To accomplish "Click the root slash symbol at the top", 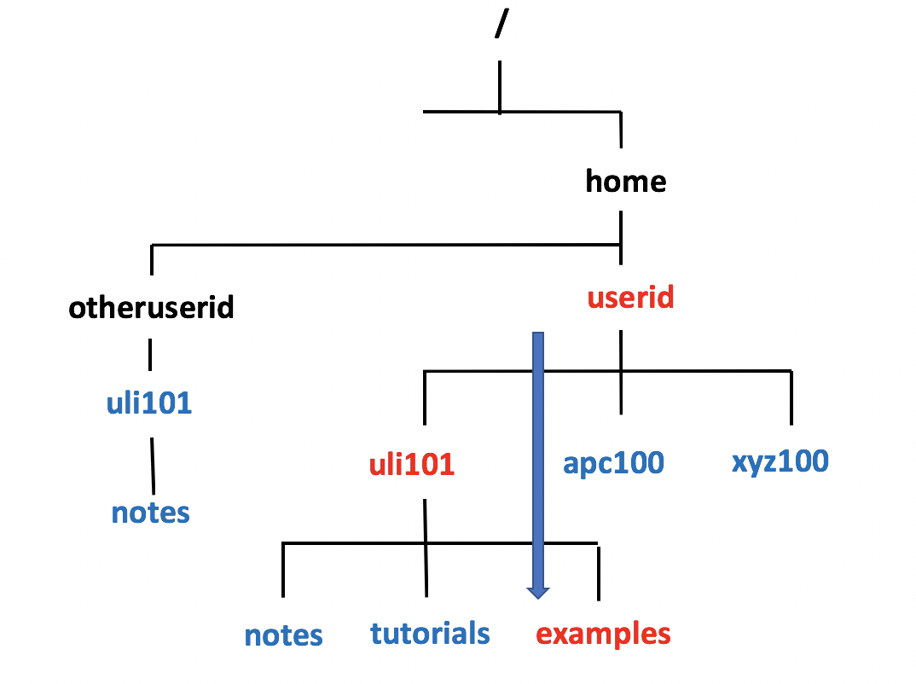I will click(500, 26).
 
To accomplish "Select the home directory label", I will click(625, 181).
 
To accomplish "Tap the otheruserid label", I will click(151, 307).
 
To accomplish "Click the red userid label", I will click(630, 297).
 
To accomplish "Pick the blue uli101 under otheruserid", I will click(149, 403).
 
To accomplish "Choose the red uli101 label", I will click(411, 465).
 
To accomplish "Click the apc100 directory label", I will click(613, 462).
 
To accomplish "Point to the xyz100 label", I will click(780, 461).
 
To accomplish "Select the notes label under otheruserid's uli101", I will click(150, 513).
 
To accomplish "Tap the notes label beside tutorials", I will click(283, 635).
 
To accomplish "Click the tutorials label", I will click(430, 633).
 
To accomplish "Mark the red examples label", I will click(603, 634).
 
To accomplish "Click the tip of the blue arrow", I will click(537, 595).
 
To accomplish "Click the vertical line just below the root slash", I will click(500, 85).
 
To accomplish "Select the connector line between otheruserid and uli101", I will click(151, 353).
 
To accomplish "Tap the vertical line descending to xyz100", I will click(791, 397).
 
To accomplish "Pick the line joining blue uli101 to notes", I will click(153, 466).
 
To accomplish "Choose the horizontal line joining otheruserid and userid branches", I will click(384, 246).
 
